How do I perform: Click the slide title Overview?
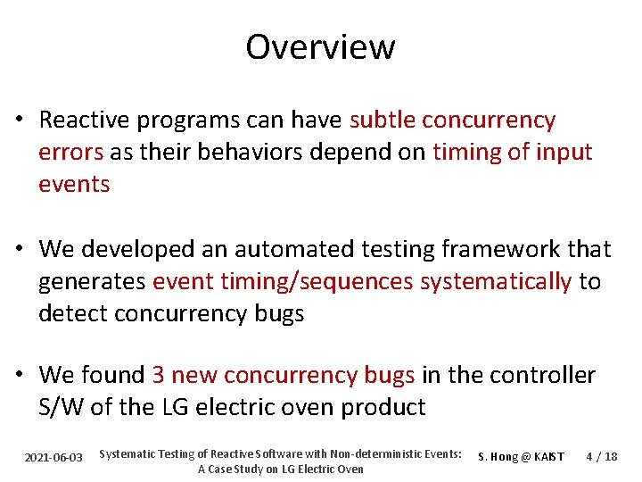click(320, 46)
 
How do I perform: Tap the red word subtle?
click(383, 120)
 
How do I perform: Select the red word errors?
click(71, 152)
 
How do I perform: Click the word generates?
click(93, 281)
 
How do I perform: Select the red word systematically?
click(495, 281)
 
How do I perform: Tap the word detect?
click(70, 313)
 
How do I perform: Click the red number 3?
click(158, 375)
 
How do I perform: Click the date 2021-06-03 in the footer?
click(53, 457)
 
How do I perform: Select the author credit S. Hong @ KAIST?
click(521, 457)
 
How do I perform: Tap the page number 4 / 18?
click(601, 457)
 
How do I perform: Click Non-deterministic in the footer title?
click(368, 453)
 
